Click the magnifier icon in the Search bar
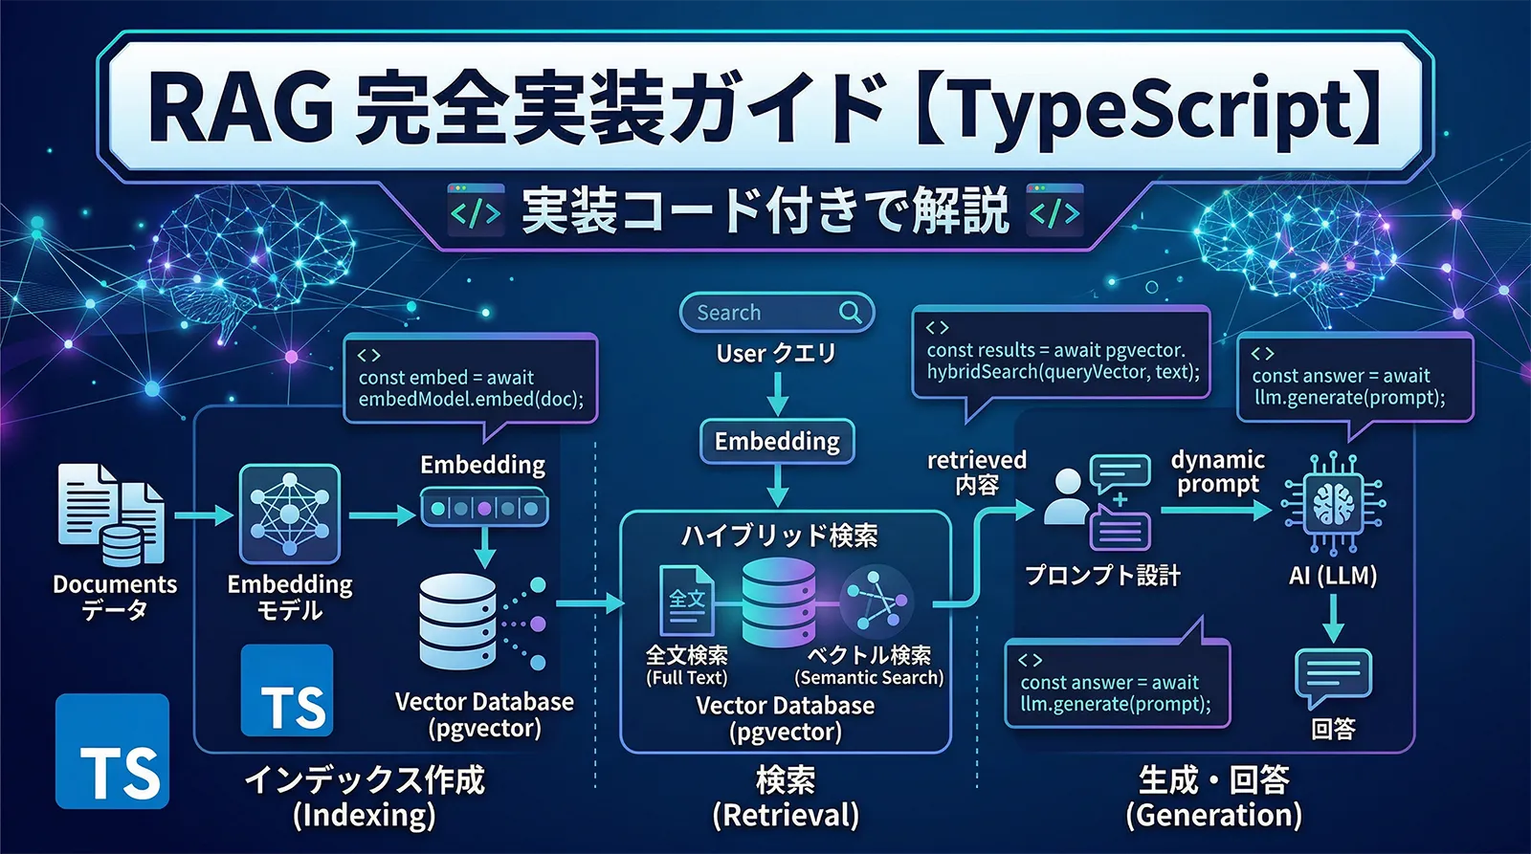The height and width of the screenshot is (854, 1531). click(850, 312)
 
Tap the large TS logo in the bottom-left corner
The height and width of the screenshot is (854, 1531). click(112, 752)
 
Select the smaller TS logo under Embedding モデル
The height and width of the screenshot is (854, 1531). click(287, 691)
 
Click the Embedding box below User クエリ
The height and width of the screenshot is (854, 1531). click(777, 441)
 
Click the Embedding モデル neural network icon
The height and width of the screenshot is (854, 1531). click(289, 514)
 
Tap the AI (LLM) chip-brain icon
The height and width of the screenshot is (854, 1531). click(1333, 504)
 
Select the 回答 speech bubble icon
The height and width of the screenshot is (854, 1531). click(1333, 677)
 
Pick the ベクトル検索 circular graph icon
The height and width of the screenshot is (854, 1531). click(876, 601)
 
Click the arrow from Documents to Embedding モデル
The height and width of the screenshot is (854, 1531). click(204, 515)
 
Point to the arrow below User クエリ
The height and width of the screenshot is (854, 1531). click(778, 392)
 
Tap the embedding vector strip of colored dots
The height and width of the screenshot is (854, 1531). click(484, 508)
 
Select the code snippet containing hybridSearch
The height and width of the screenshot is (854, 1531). click(1061, 361)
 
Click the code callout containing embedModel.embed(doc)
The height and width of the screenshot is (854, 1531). click(471, 379)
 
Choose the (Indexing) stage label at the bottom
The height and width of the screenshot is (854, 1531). click(364, 816)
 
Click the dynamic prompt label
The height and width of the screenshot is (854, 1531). click(1217, 471)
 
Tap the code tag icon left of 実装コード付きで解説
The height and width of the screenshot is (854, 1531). click(476, 211)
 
